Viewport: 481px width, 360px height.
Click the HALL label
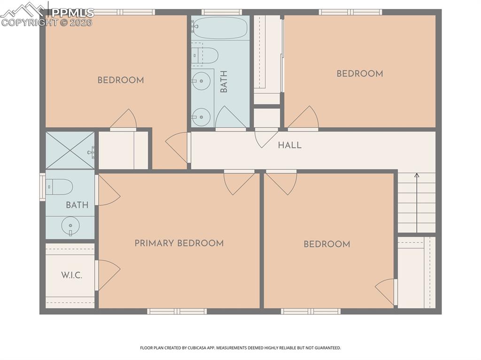point(289,145)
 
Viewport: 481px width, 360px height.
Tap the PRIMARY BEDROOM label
point(179,243)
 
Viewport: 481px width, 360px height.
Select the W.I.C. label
point(71,275)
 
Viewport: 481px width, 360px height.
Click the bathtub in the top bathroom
point(220,28)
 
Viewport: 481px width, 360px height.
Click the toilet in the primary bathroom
point(59,187)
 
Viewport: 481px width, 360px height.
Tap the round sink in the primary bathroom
point(70,226)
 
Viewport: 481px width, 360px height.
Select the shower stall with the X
point(70,150)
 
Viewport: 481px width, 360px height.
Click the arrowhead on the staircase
point(417,176)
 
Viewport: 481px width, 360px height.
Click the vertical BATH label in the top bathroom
point(224,81)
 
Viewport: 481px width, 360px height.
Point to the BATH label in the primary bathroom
point(77,205)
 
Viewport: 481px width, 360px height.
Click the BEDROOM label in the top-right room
point(360,74)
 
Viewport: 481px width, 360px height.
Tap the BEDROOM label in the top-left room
point(121,80)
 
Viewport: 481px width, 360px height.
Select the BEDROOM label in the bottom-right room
point(327,244)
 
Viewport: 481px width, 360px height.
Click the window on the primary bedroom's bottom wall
point(177,311)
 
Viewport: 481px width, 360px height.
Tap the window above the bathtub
point(222,12)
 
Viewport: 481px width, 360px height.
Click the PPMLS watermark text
point(72,13)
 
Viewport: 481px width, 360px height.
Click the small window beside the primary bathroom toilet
point(42,187)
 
